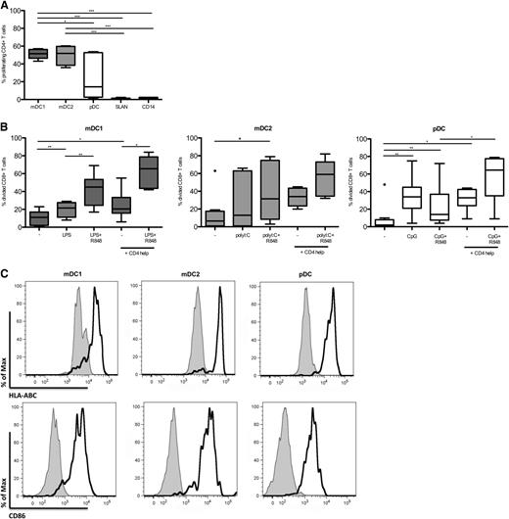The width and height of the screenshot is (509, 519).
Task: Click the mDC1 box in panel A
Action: tap(38, 54)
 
